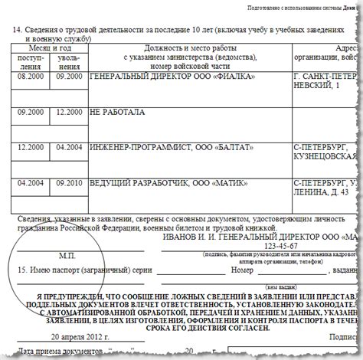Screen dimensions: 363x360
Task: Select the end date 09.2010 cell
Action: coord(69,184)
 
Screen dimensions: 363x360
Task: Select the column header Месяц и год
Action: coord(51,46)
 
